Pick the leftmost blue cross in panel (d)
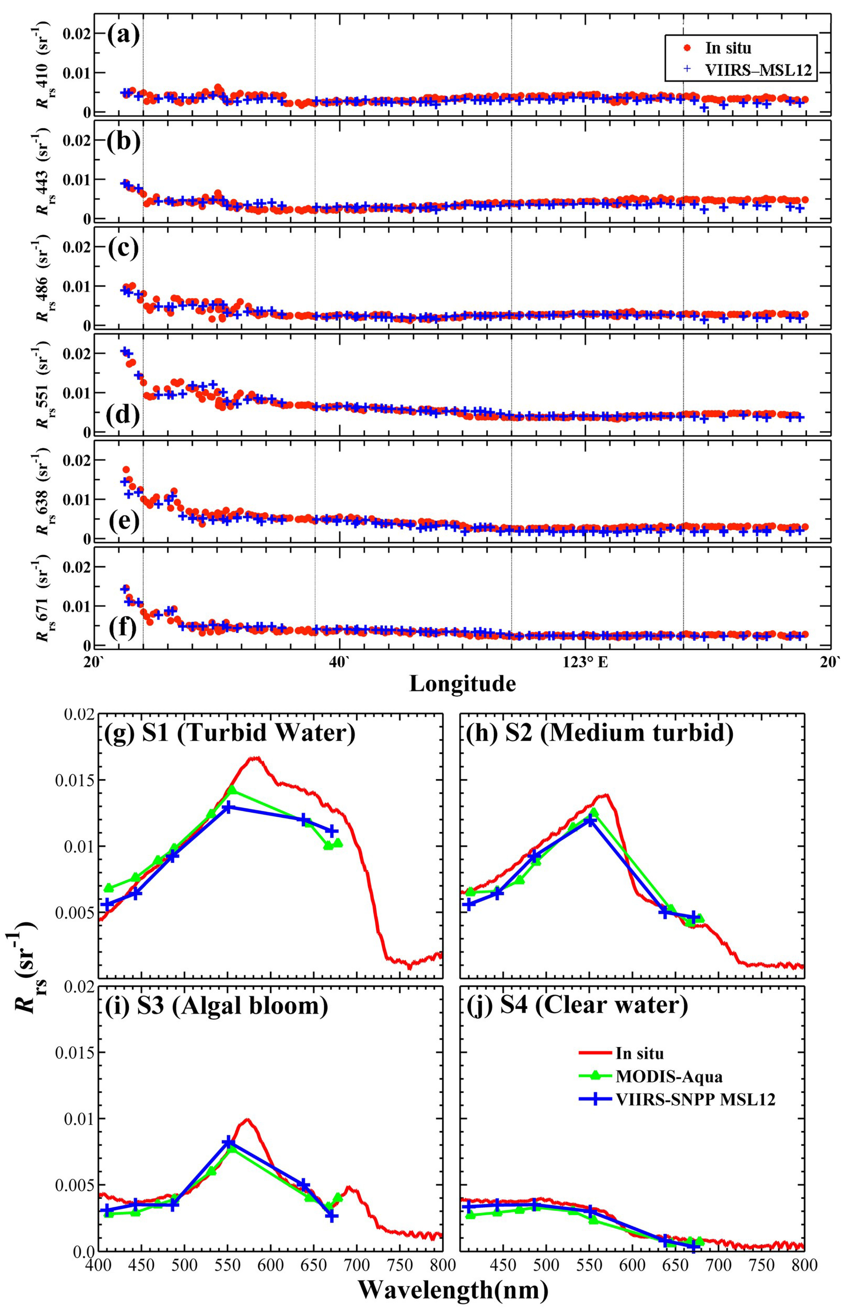pyautogui.click(x=124, y=351)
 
